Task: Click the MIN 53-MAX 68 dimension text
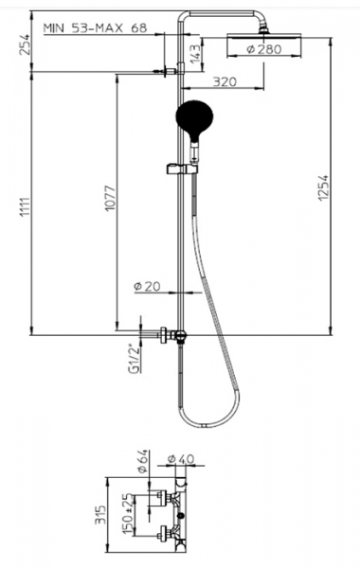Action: pos(96,27)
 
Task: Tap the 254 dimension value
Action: pos(26,44)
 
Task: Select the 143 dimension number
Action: pos(194,54)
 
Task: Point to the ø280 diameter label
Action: pos(264,49)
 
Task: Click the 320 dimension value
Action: pos(225,81)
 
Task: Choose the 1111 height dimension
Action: pos(26,207)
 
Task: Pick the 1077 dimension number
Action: pos(110,198)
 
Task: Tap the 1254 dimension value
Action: pos(323,187)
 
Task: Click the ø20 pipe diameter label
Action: pos(147,286)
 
